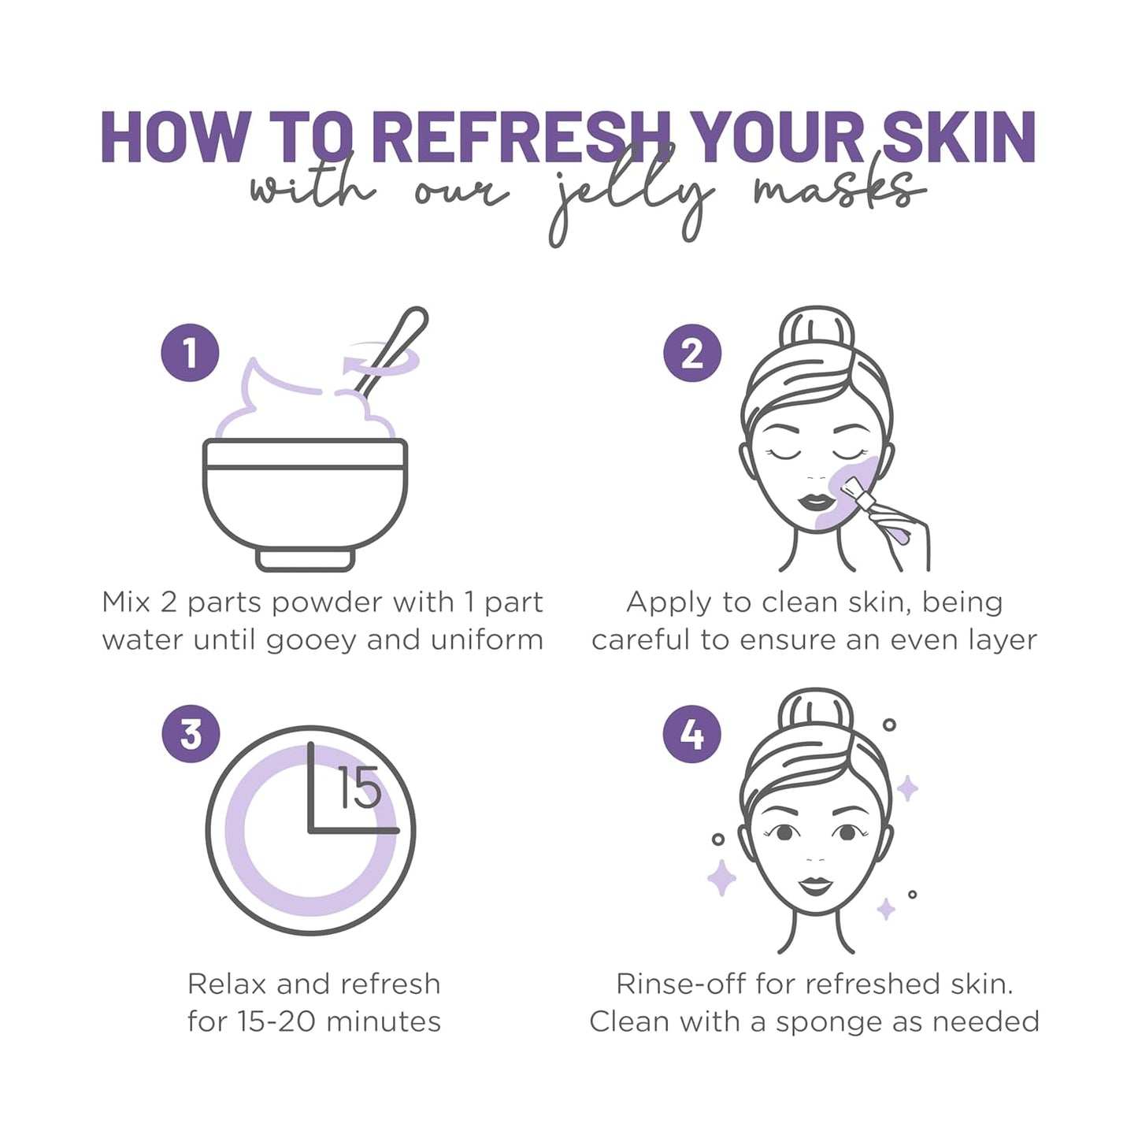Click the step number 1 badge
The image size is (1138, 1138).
190,353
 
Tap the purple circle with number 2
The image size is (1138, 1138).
692,353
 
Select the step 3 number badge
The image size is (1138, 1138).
191,734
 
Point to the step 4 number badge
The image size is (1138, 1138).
692,734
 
